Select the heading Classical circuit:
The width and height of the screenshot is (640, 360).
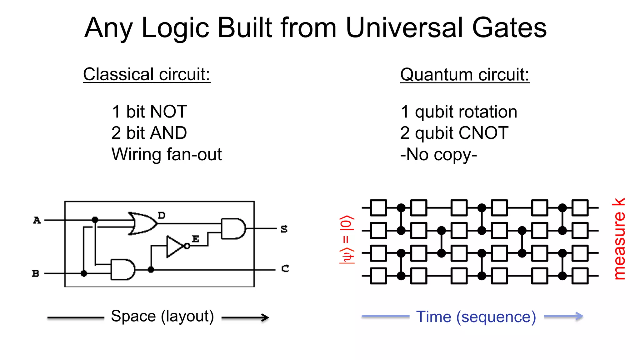(147, 74)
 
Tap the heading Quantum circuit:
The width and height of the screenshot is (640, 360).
(465, 75)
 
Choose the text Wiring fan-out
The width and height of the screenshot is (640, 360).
(167, 154)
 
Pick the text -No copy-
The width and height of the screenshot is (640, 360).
(438, 154)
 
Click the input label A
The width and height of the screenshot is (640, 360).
(37, 220)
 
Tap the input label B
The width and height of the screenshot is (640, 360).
(36, 273)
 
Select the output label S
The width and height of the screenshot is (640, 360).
(284, 229)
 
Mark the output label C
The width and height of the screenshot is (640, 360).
(285, 268)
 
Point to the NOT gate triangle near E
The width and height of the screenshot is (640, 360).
(175, 247)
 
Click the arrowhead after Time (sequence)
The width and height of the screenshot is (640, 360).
(579, 316)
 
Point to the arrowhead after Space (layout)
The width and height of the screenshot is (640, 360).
(265, 318)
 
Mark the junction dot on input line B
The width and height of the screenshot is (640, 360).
(84, 273)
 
